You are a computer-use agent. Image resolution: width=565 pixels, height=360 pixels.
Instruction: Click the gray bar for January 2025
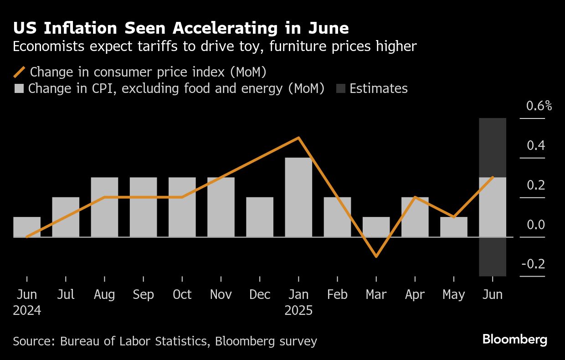click(x=298, y=197)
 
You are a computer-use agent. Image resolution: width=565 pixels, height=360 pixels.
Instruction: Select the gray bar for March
click(x=376, y=227)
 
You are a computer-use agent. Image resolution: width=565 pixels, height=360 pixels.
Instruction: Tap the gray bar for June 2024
click(x=27, y=227)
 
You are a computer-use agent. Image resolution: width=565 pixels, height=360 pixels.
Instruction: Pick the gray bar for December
click(x=260, y=217)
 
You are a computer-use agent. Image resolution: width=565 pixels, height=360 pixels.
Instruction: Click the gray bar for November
click(x=221, y=207)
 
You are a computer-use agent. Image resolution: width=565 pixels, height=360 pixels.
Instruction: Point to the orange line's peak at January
click(x=298, y=138)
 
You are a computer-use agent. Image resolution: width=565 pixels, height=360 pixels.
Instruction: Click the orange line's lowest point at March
click(x=376, y=257)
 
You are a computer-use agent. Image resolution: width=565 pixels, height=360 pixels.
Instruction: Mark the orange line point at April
click(x=415, y=197)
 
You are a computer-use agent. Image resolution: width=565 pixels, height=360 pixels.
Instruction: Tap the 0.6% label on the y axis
click(x=539, y=106)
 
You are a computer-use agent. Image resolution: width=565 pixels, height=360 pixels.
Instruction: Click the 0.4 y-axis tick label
click(x=536, y=146)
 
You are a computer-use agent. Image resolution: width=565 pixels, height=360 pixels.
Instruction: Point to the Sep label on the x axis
click(x=144, y=295)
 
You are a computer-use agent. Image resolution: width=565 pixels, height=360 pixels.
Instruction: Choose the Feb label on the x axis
click(x=337, y=295)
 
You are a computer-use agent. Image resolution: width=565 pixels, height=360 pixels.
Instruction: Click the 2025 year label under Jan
click(x=298, y=311)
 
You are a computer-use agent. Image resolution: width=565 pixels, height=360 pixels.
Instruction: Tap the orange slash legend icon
click(x=20, y=72)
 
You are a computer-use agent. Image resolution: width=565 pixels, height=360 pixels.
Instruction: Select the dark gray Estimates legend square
click(x=340, y=88)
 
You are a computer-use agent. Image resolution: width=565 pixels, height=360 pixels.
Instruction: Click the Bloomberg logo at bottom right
click(x=514, y=339)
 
